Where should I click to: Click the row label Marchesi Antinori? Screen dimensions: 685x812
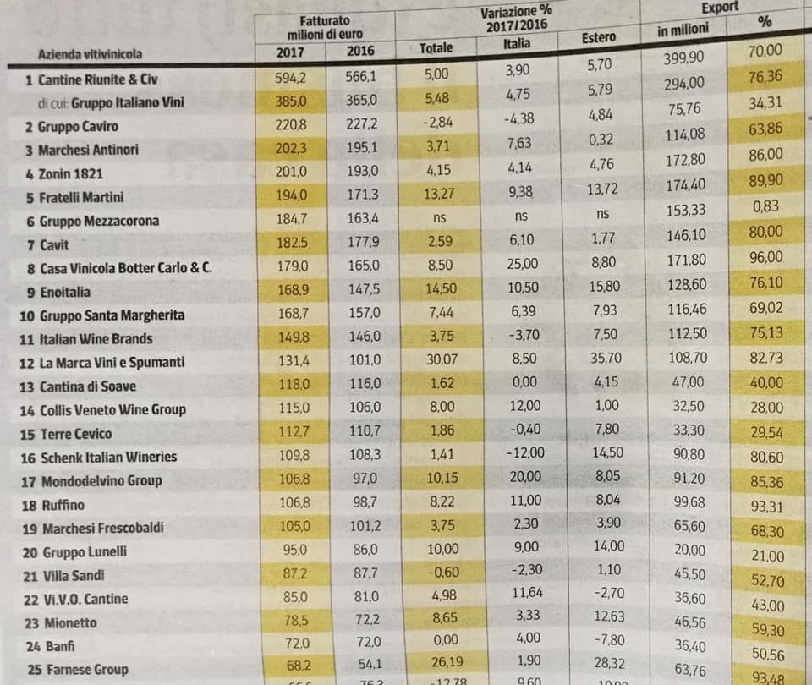pyautogui.click(x=88, y=150)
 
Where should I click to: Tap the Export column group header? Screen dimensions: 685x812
pyautogui.click(x=720, y=8)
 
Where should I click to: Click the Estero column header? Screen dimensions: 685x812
pyautogui.click(x=599, y=39)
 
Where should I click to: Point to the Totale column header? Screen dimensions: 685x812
pyautogui.click(x=436, y=48)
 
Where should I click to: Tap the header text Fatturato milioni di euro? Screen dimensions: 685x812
pyautogui.click(x=325, y=26)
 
